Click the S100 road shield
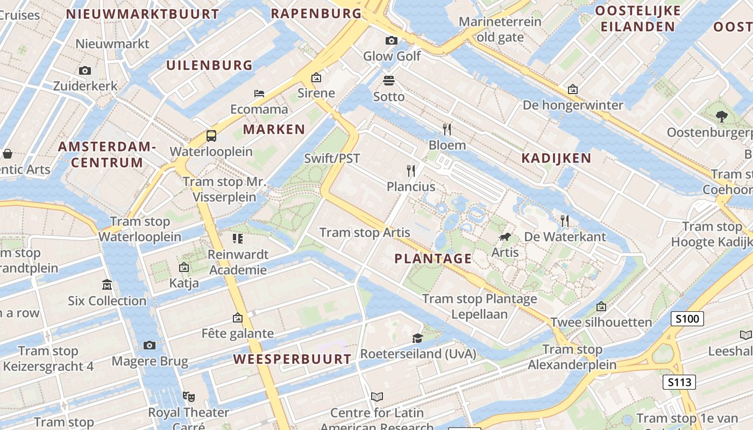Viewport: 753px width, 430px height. coord(687,319)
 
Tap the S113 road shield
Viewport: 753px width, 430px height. coord(679,382)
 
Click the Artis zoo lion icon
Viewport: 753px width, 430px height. coord(505,236)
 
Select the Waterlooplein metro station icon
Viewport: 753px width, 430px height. coord(211,135)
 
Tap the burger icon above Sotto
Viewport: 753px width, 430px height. coord(389,81)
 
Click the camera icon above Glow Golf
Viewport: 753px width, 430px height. coord(392,40)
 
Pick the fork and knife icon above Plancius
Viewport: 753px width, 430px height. coord(411,171)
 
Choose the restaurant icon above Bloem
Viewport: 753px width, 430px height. coord(447,129)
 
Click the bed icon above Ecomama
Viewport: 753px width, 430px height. coord(259,93)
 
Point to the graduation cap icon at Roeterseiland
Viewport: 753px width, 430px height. coord(417,338)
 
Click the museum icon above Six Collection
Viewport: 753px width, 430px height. coord(107,284)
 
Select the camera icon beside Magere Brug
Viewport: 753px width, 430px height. coord(150,345)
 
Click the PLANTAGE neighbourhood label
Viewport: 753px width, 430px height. coord(433,259)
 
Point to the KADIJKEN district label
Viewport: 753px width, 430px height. coord(556,158)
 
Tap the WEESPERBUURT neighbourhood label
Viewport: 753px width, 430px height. coord(293,359)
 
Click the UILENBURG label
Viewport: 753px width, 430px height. coord(209,65)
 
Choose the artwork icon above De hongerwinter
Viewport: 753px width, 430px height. coord(573,89)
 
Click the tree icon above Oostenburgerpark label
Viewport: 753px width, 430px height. coord(721,116)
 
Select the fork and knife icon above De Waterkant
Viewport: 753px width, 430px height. coord(565,220)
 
